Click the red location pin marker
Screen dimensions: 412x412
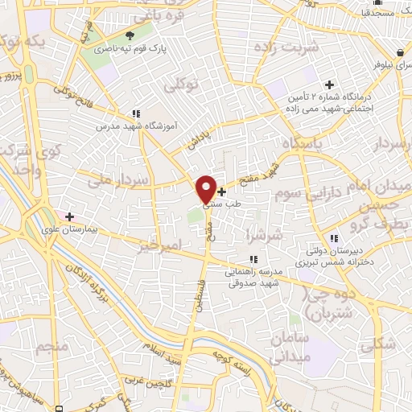click(206, 188)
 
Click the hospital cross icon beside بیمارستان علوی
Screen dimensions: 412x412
click(70, 216)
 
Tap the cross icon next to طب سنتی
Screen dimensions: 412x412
click(222, 192)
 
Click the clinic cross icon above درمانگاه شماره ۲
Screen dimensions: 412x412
click(328, 84)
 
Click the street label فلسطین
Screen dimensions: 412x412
click(200, 293)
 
